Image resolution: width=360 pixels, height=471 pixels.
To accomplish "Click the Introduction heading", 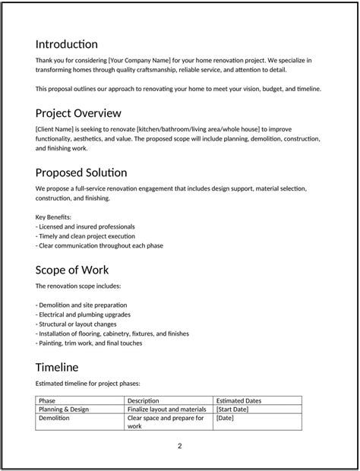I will point(67,44).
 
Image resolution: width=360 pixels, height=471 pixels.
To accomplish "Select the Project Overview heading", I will point(78,113).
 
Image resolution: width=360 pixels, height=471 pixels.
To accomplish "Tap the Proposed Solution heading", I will point(81,172).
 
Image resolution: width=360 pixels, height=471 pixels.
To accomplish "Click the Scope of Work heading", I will point(72,270).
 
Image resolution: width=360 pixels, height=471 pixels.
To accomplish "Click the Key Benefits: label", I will point(53,217).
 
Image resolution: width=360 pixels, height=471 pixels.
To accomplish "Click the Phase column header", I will point(47,400).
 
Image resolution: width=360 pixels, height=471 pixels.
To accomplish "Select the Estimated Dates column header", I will point(238,400).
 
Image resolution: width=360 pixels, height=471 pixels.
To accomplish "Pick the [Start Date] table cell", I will point(234,409).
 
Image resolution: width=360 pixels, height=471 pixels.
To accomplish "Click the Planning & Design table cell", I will point(64,409).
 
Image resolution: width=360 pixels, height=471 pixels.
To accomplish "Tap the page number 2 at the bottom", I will point(180,446).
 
